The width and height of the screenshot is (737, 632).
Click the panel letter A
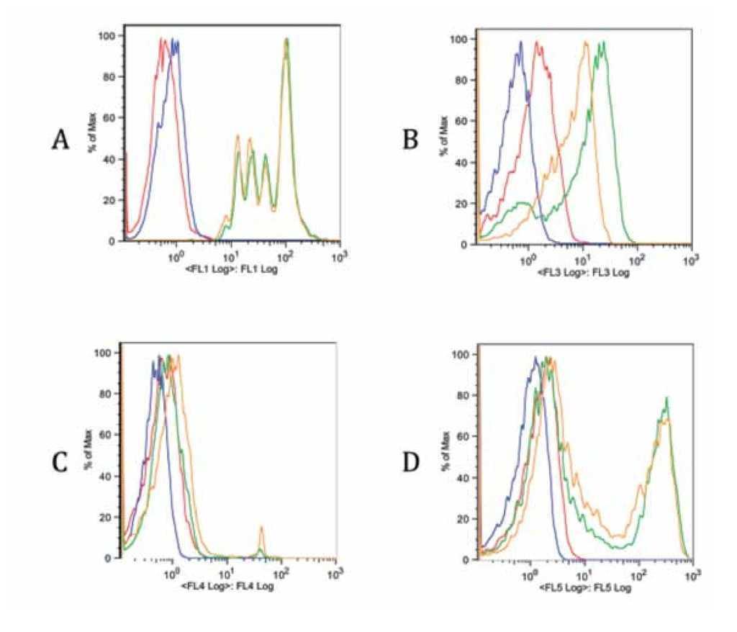click(60, 139)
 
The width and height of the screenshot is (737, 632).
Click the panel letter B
click(411, 139)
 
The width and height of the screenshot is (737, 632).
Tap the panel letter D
click(412, 459)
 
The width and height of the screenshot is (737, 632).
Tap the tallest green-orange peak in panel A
click(286, 40)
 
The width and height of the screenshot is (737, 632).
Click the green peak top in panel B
click(602, 42)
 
